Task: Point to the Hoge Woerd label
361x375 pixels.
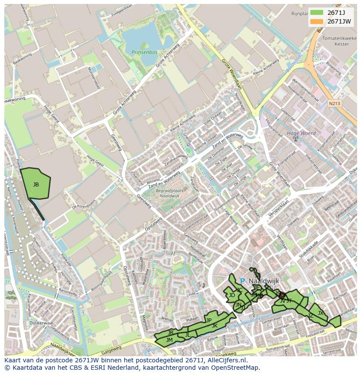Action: tap(301, 133)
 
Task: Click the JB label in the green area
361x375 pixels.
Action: tap(36, 185)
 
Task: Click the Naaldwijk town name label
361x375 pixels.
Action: tap(263, 281)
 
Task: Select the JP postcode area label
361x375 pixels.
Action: tap(209, 320)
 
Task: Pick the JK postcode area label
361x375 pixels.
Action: tap(215, 326)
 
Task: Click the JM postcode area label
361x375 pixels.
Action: tap(169, 340)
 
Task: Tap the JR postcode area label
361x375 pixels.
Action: tap(170, 333)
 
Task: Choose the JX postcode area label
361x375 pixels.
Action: tap(320, 313)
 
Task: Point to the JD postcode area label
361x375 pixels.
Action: tap(232, 295)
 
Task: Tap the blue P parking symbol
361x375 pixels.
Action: tap(242, 281)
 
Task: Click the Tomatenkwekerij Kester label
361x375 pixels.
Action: tap(339, 41)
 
